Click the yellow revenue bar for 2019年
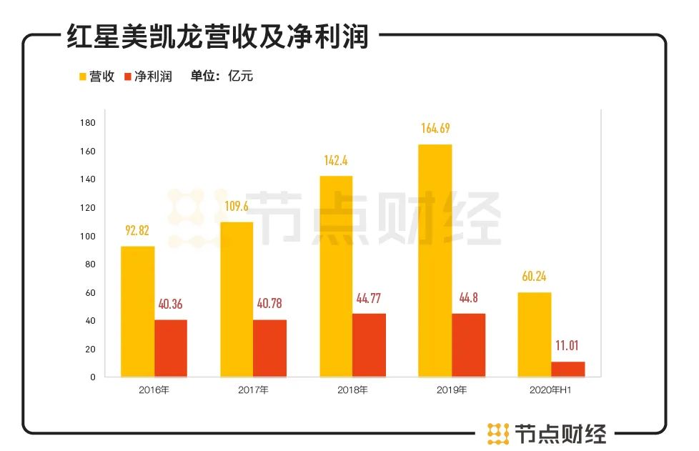pos(435,261)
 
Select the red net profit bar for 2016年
pos(170,348)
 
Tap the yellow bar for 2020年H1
pos(534,334)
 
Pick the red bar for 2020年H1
pos(567,369)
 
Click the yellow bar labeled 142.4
pos(336,276)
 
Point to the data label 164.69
pos(436,129)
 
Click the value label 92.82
pos(137,231)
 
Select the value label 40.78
pos(269,304)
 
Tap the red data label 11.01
pos(568,346)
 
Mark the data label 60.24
pos(534,277)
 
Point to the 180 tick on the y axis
pos(89,123)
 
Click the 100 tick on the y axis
pos(89,237)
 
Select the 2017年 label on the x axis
pos(253,390)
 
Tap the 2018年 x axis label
pos(352,390)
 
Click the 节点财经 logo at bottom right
pos(547,433)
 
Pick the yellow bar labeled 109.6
pos(237,299)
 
